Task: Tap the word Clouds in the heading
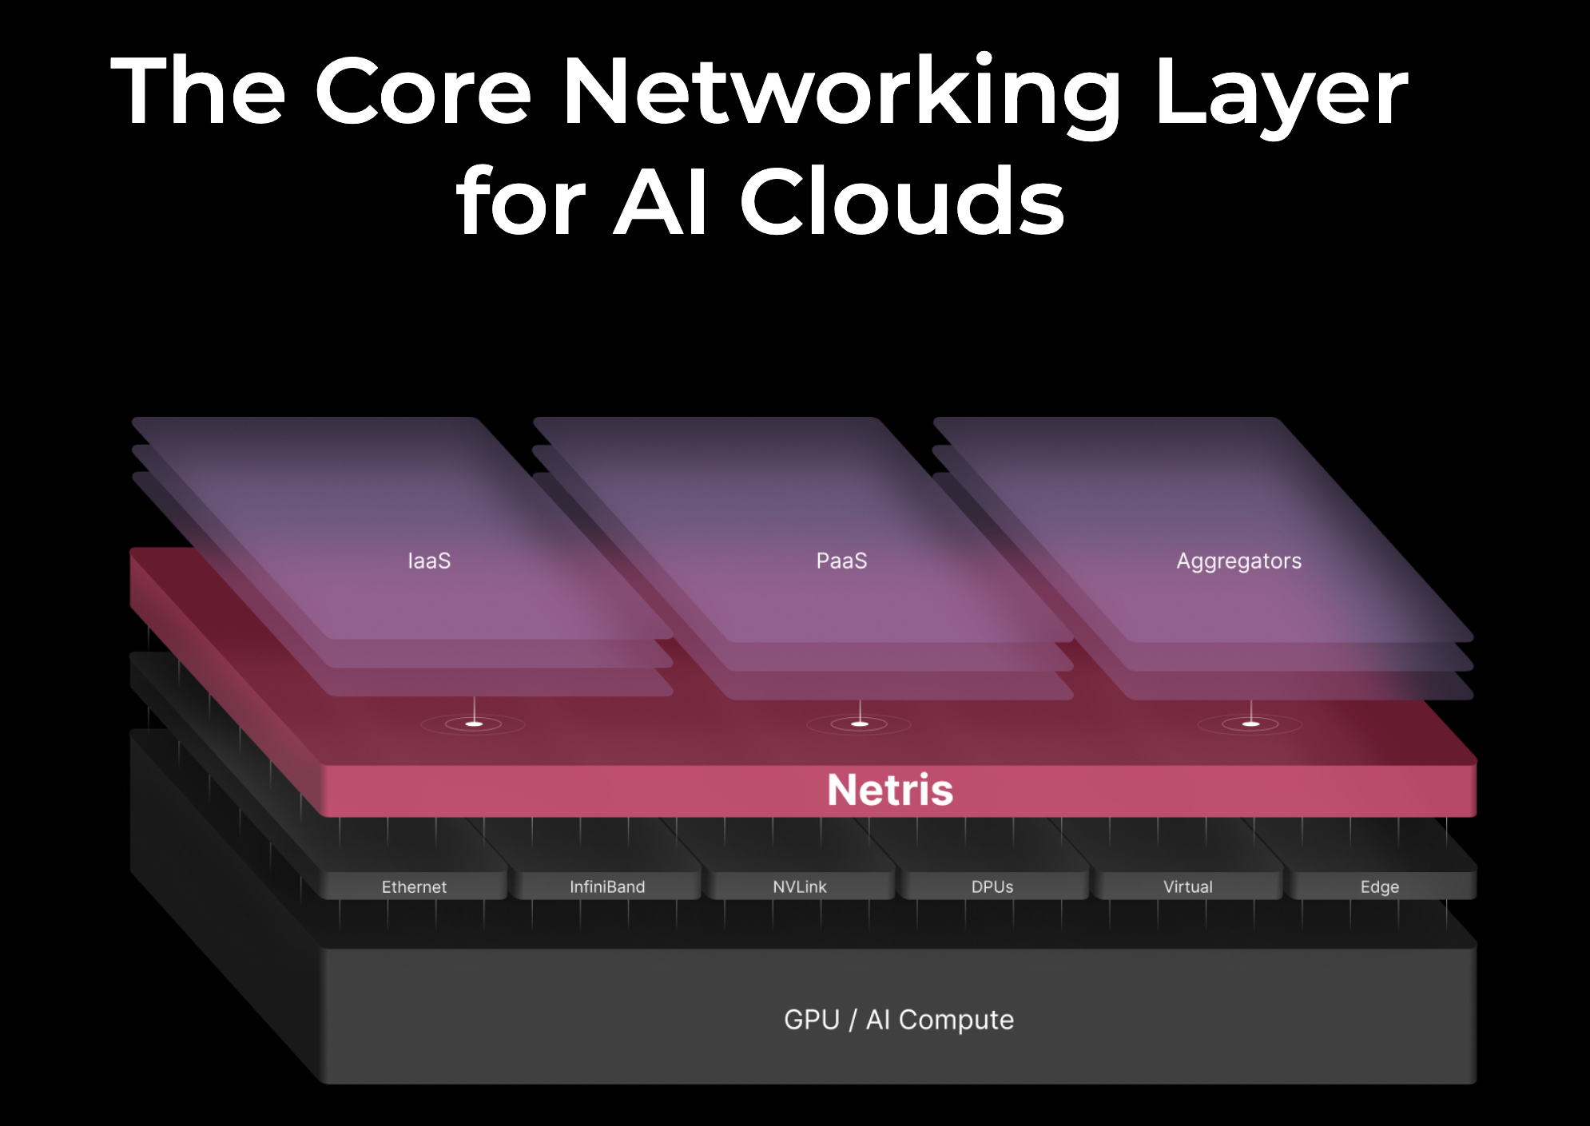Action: [x=902, y=202]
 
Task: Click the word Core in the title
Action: [x=423, y=92]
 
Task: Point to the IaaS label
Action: [x=429, y=561]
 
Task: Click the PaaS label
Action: [x=841, y=561]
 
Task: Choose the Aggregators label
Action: [x=1238, y=561]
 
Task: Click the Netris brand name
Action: [x=890, y=790]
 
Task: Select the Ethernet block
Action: [x=414, y=886]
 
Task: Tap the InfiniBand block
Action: [x=607, y=886]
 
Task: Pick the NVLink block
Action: [x=800, y=886]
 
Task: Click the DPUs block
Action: [x=992, y=886]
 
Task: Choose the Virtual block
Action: [x=1188, y=886]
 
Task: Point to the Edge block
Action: [x=1380, y=886]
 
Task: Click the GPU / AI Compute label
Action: [x=899, y=1020]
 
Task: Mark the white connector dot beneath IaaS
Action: [x=474, y=724]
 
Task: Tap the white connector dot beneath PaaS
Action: [x=860, y=724]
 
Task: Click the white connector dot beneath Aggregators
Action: [x=1251, y=724]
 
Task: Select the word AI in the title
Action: [x=660, y=202]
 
